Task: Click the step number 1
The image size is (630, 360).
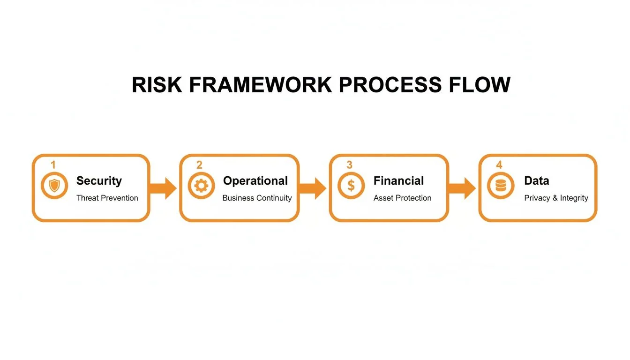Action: coord(53,165)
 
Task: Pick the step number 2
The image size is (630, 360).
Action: coord(199,165)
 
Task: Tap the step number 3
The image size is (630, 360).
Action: coord(349,165)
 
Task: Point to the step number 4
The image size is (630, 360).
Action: coord(499,165)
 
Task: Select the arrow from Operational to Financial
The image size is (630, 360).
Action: coord(313,188)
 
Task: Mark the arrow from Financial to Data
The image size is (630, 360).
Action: coord(462,188)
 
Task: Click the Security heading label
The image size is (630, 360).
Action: coord(99,181)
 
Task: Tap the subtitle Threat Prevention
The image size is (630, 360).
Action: coord(107,198)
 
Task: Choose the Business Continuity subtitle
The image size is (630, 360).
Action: coord(257,198)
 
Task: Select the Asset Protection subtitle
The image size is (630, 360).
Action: coord(402,198)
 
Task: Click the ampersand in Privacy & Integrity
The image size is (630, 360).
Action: coord(555,198)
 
